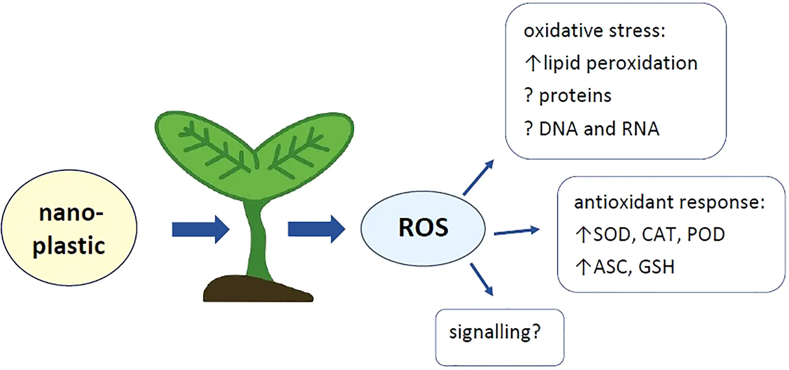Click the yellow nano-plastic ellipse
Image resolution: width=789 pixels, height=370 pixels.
(x=69, y=228)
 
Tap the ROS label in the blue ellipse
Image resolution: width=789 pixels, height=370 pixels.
(x=423, y=228)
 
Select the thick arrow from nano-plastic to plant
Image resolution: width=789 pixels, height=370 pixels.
(x=200, y=229)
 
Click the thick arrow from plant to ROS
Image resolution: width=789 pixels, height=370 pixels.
(x=316, y=229)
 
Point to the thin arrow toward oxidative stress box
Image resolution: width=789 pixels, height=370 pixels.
(x=478, y=177)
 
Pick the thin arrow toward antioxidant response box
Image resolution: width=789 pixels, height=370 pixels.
(x=517, y=231)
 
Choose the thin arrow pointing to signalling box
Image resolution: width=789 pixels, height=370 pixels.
(x=481, y=279)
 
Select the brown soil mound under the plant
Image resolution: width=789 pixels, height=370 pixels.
(x=256, y=289)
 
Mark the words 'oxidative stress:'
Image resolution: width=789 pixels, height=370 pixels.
(x=594, y=31)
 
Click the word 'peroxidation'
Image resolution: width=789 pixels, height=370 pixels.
(x=642, y=63)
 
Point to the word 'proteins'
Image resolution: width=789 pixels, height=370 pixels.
(x=575, y=96)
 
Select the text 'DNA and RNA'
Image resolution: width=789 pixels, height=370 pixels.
(x=599, y=129)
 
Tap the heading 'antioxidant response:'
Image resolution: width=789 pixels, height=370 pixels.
(x=669, y=202)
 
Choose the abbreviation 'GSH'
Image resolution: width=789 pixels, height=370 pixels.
(x=656, y=267)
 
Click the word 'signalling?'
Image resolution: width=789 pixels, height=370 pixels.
(x=494, y=332)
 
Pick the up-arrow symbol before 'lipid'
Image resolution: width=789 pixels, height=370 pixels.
(x=533, y=63)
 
